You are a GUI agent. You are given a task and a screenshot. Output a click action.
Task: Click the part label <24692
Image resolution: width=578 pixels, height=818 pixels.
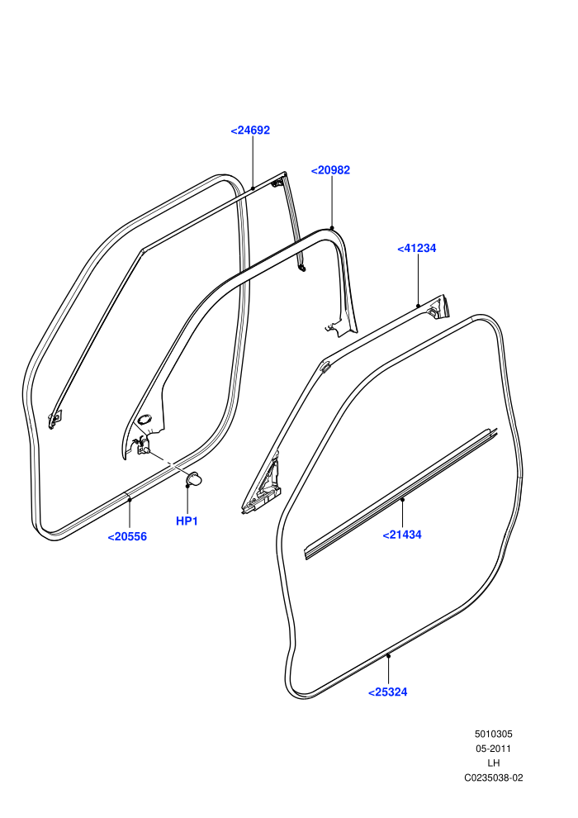250,131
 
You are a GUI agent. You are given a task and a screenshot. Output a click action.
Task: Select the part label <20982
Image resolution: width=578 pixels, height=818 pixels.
330,170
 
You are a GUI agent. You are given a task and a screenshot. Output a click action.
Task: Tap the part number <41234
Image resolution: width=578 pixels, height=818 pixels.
416,249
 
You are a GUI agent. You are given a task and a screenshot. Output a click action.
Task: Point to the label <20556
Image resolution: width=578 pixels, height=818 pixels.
127,536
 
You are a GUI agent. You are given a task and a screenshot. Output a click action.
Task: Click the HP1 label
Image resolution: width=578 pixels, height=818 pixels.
187,521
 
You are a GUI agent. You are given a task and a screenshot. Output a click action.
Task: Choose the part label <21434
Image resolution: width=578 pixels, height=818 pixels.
402,535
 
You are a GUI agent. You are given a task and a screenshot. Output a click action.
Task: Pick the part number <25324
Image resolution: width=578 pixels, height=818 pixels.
388,692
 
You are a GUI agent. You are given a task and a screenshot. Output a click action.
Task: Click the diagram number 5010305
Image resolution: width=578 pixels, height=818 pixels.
494,734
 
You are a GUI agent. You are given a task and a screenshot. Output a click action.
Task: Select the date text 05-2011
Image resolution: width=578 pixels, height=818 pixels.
494,749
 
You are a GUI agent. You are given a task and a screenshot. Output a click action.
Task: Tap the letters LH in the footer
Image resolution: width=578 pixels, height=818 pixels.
494,763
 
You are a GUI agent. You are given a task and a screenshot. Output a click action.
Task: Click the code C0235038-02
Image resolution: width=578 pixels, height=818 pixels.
494,778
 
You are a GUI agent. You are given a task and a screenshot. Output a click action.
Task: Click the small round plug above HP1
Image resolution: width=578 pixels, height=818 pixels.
194,478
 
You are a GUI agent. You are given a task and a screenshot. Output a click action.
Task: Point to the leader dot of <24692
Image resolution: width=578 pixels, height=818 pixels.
253,188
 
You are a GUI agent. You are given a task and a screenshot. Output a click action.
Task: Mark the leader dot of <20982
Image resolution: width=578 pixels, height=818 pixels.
332,228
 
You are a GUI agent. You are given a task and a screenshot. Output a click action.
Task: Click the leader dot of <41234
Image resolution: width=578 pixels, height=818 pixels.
418,306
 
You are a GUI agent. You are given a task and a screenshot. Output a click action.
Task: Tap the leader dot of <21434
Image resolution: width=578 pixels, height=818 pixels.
402,499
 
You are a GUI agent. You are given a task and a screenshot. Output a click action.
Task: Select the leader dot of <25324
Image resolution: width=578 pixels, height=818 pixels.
388,656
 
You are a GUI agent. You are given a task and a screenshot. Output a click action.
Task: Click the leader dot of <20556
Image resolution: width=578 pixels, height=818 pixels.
130,499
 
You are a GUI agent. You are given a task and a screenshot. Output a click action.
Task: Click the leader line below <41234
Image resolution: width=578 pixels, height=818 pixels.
418,280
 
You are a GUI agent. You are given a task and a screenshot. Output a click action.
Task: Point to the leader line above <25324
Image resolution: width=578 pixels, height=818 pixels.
388,670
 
